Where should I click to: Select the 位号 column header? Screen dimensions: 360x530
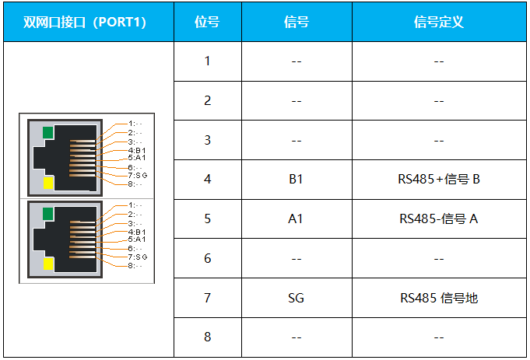click(x=207, y=22)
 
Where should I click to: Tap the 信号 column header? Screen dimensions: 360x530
click(x=296, y=22)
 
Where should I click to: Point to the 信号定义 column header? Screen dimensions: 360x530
click(x=438, y=22)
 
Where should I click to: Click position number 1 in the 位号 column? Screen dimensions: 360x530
click(x=207, y=61)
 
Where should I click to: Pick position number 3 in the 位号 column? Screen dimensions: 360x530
click(x=207, y=140)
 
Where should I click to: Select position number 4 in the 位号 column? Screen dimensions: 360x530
click(x=207, y=180)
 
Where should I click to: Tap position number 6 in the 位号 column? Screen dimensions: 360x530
click(x=207, y=258)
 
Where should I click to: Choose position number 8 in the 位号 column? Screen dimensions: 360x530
click(x=207, y=337)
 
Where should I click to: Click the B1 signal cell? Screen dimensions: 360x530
click(x=296, y=180)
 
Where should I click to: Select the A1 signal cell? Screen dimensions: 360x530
click(x=296, y=218)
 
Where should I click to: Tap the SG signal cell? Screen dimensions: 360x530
click(x=296, y=298)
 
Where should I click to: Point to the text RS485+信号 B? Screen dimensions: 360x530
click(x=438, y=180)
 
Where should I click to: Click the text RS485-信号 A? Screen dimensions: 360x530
click(x=438, y=218)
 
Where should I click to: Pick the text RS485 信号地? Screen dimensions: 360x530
click(x=438, y=298)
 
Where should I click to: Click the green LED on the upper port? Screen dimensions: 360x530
click(x=47, y=132)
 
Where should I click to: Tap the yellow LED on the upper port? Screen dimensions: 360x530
click(x=47, y=183)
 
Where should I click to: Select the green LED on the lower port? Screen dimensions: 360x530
click(x=47, y=214)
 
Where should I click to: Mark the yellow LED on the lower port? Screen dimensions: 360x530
click(x=47, y=264)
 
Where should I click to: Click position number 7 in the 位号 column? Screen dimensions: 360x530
click(x=207, y=298)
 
